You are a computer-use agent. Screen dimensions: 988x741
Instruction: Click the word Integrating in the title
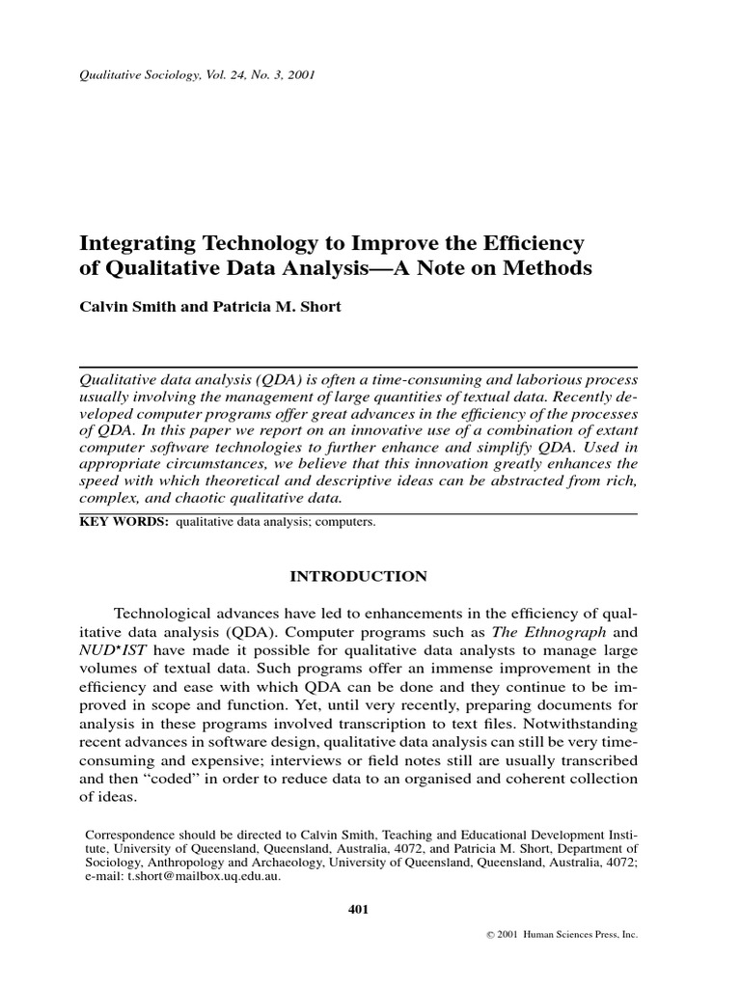tap(133, 241)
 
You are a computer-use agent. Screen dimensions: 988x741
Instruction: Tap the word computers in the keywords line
tap(345, 522)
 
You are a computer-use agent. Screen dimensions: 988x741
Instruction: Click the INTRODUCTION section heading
tap(358, 576)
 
